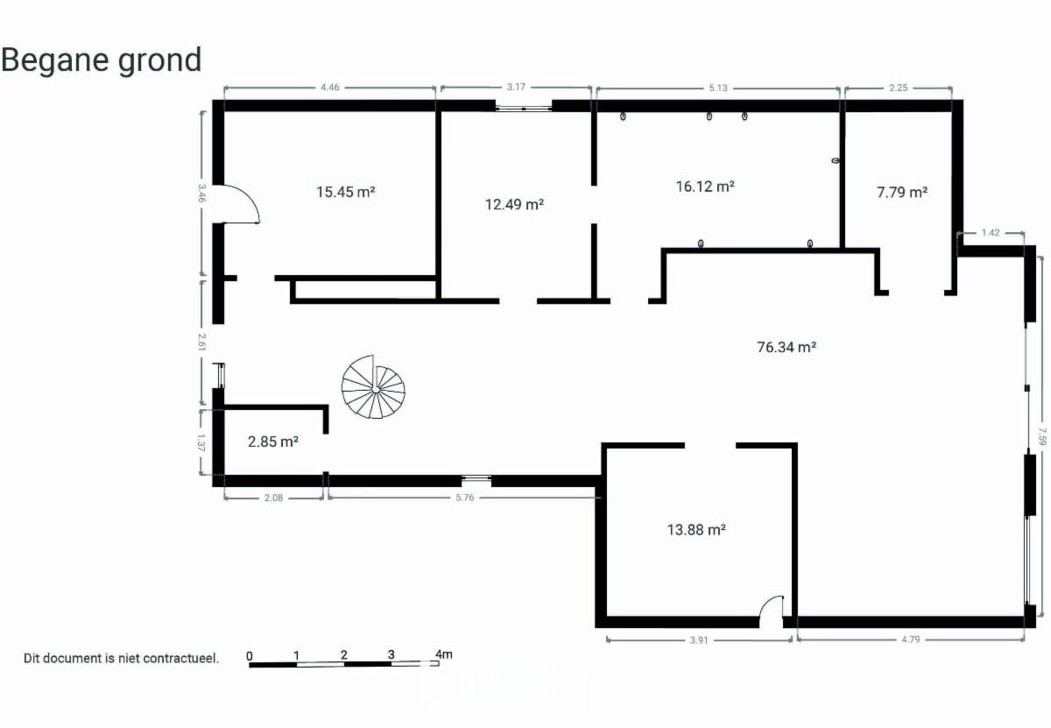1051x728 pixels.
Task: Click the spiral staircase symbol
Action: click(x=373, y=387)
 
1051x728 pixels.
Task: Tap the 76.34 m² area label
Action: click(x=786, y=347)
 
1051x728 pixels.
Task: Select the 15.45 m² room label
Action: click(x=345, y=192)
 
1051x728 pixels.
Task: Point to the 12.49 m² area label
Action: click(x=514, y=205)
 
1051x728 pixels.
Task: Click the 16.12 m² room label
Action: click(x=705, y=187)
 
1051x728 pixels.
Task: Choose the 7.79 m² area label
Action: click(x=902, y=193)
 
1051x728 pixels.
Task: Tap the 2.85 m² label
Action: click(x=273, y=442)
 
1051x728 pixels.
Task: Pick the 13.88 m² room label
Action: click(x=697, y=530)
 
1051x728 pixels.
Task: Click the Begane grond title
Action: click(x=102, y=60)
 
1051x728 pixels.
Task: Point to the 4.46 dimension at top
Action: click(x=330, y=88)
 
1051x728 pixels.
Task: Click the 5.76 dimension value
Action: click(x=465, y=498)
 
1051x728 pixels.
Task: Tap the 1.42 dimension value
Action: click(x=991, y=233)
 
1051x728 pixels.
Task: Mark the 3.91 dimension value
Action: click(x=699, y=640)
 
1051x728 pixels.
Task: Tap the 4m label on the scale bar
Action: click(x=444, y=654)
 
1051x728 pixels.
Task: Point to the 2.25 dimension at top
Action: click(x=898, y=88)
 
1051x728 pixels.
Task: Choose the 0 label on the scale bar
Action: click(x=249, y=655)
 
